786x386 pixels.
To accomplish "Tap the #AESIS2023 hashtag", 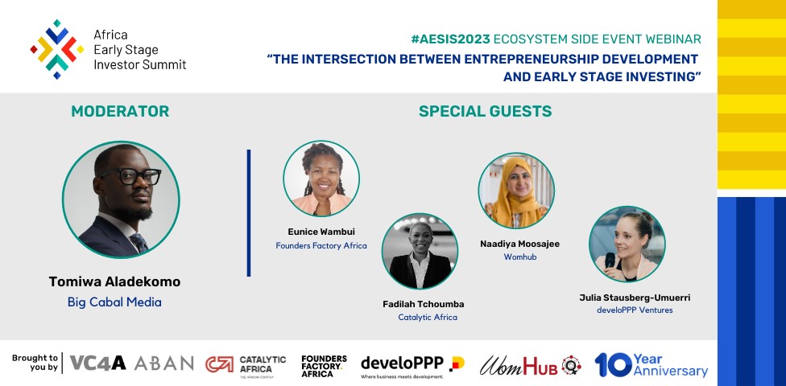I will pos(452,39).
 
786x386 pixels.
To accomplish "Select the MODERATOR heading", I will pos(120,111).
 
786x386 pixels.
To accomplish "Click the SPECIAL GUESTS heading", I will pos(485,111).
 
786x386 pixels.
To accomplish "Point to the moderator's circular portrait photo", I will pos(121,200).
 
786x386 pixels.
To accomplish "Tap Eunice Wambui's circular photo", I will pos(321,179).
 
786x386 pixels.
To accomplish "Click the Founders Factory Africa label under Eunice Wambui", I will pos(321,245).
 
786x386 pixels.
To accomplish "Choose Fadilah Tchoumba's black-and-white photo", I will pos(420,251).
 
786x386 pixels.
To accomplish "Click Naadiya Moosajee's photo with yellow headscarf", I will pos(516,191).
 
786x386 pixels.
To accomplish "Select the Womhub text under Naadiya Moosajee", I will pos(520,257).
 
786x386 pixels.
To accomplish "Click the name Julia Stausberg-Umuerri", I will pos(635,297).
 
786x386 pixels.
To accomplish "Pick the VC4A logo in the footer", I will pos(97,363).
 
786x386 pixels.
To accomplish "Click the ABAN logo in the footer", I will pos(163,363).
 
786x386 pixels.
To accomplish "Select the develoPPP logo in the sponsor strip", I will pos(412,364).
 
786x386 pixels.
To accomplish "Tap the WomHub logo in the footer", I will pos(530,365).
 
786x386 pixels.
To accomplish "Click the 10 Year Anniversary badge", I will pos(651,364).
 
